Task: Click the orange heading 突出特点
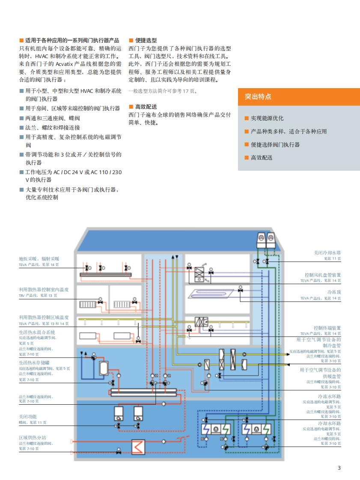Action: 258,97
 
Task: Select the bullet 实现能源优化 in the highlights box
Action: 267,118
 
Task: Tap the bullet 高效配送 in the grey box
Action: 262,157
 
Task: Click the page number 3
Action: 339,468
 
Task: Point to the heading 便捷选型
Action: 146,40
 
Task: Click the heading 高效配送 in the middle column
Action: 146,107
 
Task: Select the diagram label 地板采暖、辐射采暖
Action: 39,259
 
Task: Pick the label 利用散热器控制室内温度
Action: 44,290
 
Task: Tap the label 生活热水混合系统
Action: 37,332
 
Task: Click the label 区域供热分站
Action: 33,438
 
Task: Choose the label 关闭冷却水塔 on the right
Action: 327,253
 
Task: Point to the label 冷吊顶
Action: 334,292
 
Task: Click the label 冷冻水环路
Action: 330,397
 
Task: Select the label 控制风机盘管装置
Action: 323,275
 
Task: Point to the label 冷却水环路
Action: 330,423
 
